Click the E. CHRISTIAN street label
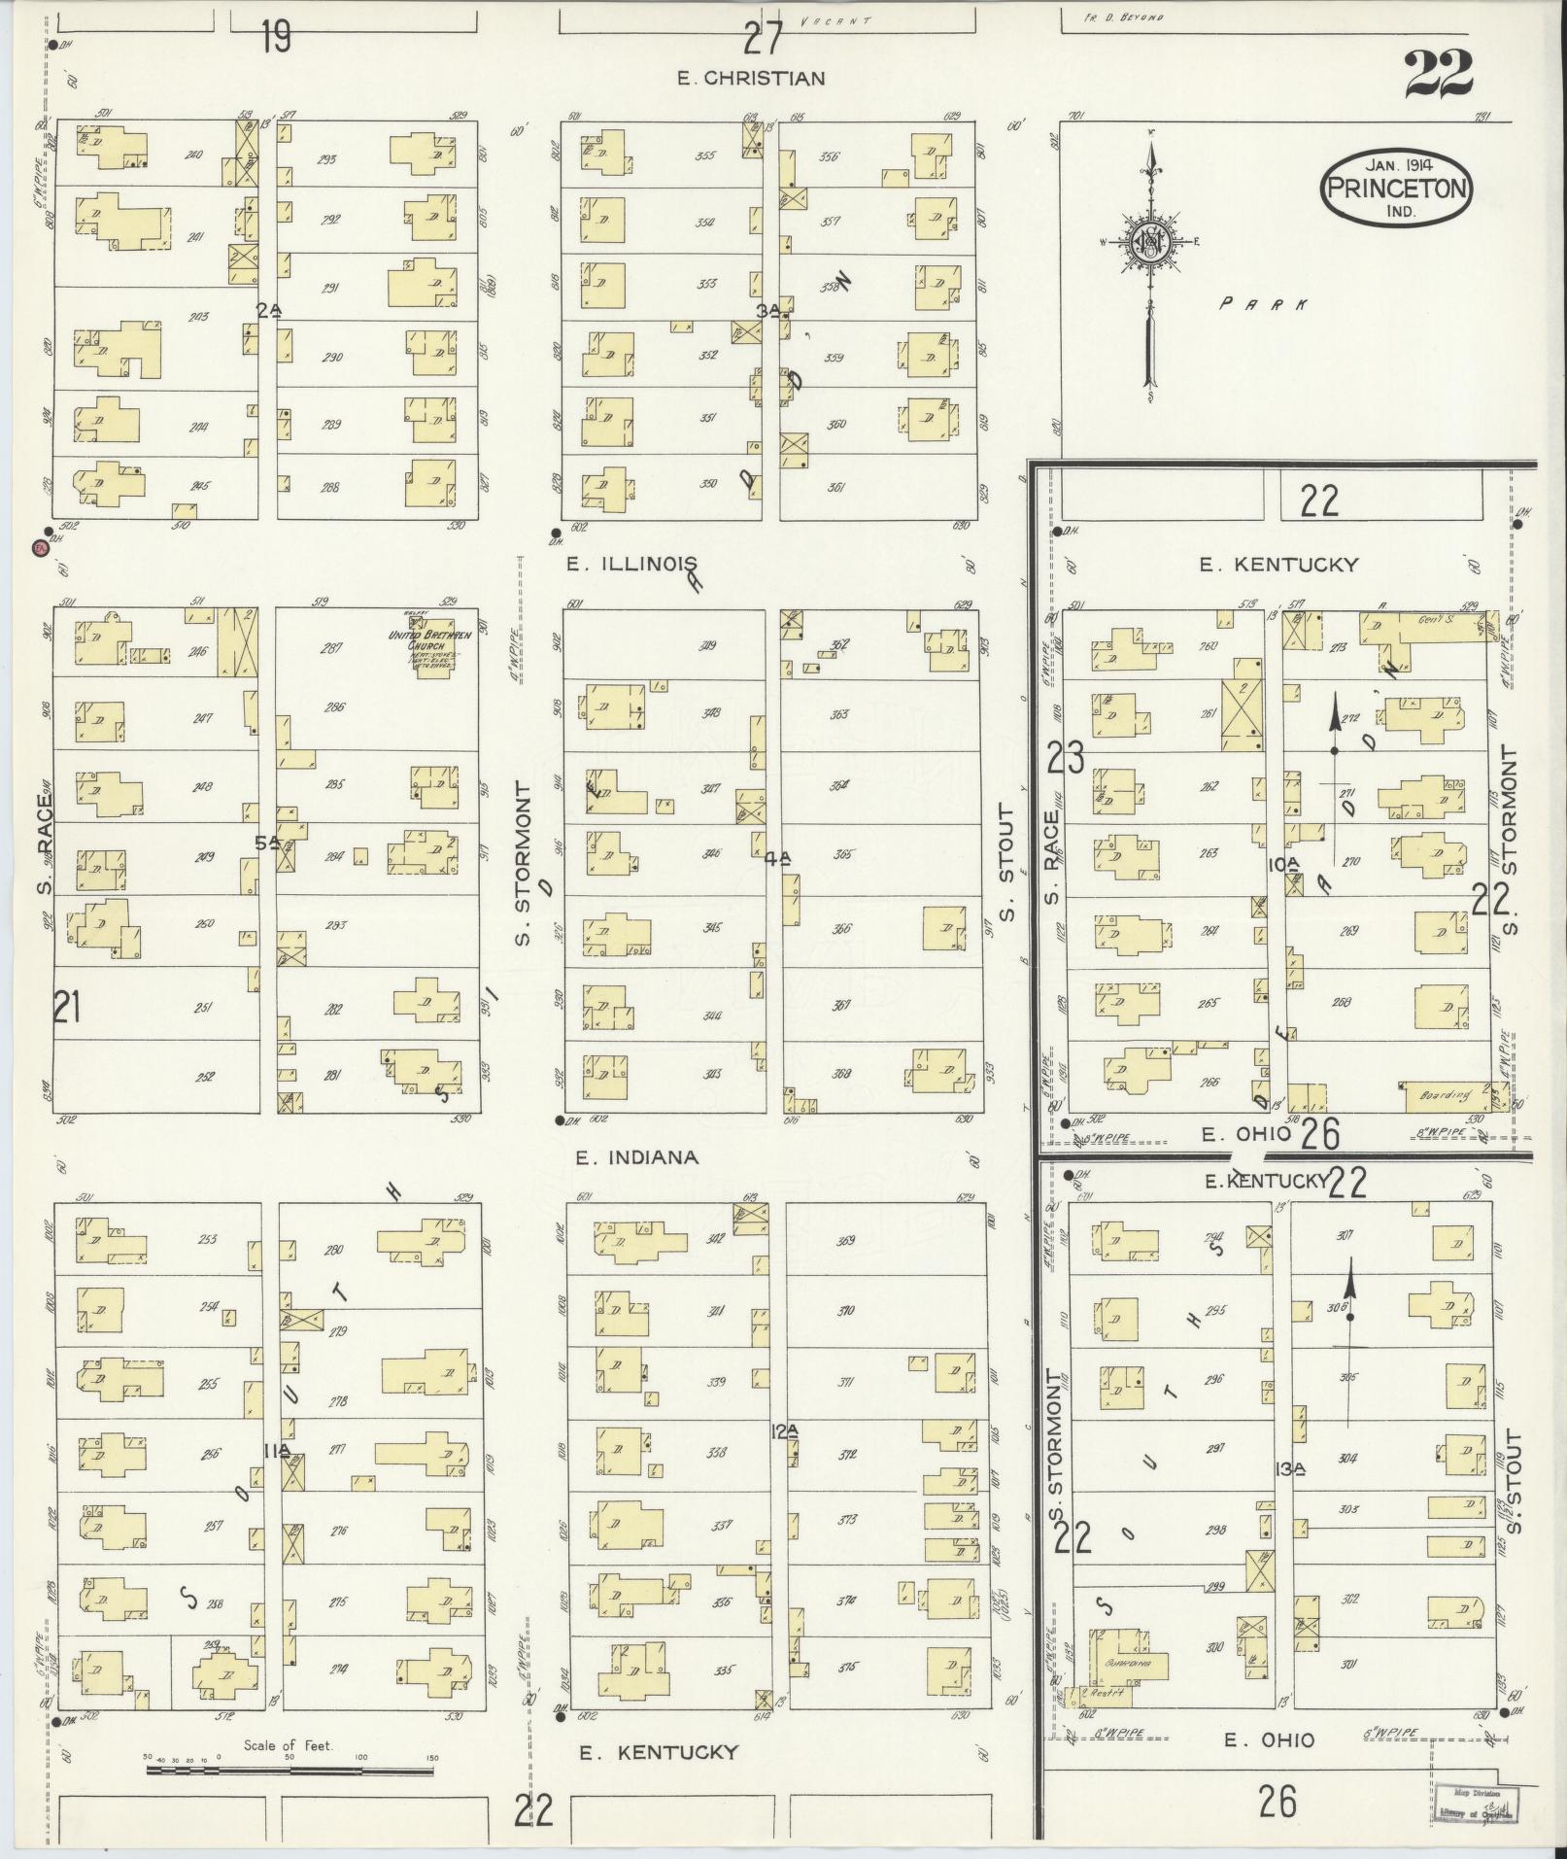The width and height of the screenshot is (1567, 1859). [751, 79]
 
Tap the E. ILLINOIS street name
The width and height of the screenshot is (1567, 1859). [633, 563]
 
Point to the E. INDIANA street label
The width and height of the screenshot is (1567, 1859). [636, 1157]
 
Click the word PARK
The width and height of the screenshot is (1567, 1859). [1263, 304]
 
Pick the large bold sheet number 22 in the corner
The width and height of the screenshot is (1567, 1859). [1439, 74]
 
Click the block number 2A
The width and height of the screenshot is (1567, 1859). [269, 310]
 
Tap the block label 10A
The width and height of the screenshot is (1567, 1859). [1282, 864]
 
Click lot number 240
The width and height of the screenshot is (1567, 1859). [193, 155]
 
